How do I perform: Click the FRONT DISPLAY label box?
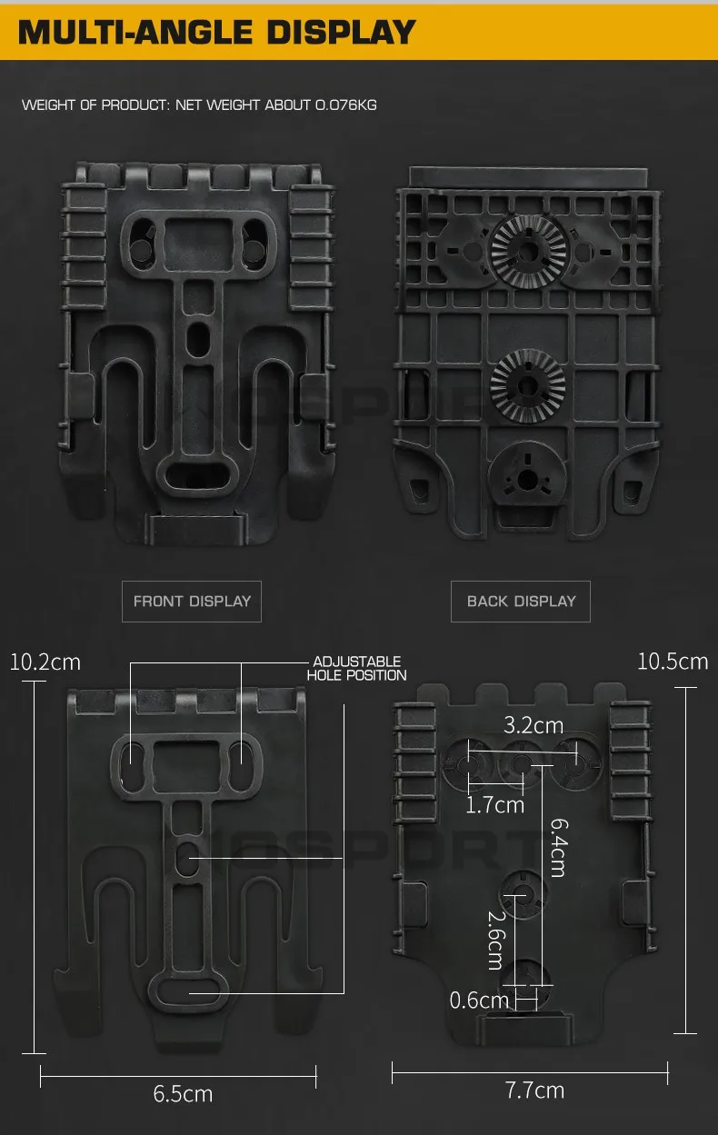pyautogui.click(x=192, y=601)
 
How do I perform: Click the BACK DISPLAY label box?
pyautogui.click(x=521, y=601)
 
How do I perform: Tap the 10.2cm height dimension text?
pyautogui.click(x=45, y=662)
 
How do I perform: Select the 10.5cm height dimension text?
pyautogui.click(x=673, y=662)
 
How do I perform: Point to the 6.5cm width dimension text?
pyautogui.click(x=183, y=1094)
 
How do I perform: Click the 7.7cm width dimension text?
pyautogui.click(x=534, y=1090)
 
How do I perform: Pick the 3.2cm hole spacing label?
pyautogui.click(x=534, y=725)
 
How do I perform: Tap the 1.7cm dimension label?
pyautogui.click(x=494, y=805)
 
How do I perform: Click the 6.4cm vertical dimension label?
pyautogui.click(x=559, y=848)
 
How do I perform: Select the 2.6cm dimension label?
pyautogui.click(x=496, y=941)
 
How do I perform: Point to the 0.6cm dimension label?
pyautogui.click(x=479, y=1001)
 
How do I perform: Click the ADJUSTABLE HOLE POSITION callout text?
pyautogui.click(x=356, y=668)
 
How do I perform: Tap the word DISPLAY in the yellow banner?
pyautogui.click(x=341, y=33)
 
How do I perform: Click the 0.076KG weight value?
pyautogui.click(x=346, y=105)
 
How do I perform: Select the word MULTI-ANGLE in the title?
pyautogui.click(x=135, y=33)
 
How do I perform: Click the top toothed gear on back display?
pyautogui.click(x=528, y=251)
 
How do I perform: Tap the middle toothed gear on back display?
pyautogui.click(x=527, y=386)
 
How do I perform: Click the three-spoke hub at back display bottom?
pyautogui.click(x=527, y=477)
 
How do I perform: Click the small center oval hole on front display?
pyautogui.click(x=198, y=337)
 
